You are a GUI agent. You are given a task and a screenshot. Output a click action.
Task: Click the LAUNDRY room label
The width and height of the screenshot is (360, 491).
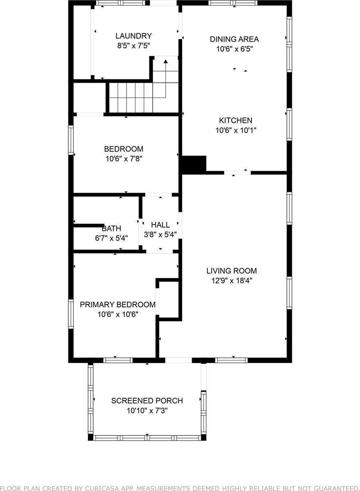click(134, 36)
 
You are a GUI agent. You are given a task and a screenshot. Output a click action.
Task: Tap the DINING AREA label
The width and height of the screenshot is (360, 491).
click(234, 39)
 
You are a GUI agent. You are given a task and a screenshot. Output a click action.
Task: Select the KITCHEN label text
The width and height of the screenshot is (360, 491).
click(235, 121)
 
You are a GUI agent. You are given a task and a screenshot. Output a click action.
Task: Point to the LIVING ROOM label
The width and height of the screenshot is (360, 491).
click(231, 271)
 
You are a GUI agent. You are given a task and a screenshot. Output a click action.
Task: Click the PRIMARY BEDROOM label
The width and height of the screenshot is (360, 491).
click(118, 305)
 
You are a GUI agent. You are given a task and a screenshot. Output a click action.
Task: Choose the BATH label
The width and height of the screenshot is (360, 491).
click(111, 229)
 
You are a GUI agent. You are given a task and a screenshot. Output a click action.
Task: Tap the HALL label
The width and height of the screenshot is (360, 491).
click(160, 225)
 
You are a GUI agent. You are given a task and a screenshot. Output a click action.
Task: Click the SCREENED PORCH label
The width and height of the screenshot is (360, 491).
click(147, 401)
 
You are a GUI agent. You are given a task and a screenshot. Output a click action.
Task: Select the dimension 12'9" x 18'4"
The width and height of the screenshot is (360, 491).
click(231, 281)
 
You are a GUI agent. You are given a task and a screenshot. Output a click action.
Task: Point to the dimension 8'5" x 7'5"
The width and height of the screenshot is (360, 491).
click(134, 46)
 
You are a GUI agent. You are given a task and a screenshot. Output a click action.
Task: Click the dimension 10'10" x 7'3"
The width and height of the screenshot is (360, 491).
click(147, 411)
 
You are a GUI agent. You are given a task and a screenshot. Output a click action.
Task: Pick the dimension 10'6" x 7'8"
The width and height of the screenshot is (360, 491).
click(123, 159)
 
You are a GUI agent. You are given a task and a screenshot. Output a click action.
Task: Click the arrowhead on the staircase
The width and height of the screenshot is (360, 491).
click(166, 62)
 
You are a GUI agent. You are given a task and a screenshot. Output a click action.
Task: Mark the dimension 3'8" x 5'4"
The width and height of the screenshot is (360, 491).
click(160, 235)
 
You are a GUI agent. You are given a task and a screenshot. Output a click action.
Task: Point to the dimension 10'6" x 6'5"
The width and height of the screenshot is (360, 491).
click(234, 49)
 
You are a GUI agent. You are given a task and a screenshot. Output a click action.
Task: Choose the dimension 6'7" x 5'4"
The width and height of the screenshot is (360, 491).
click(111, 238)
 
